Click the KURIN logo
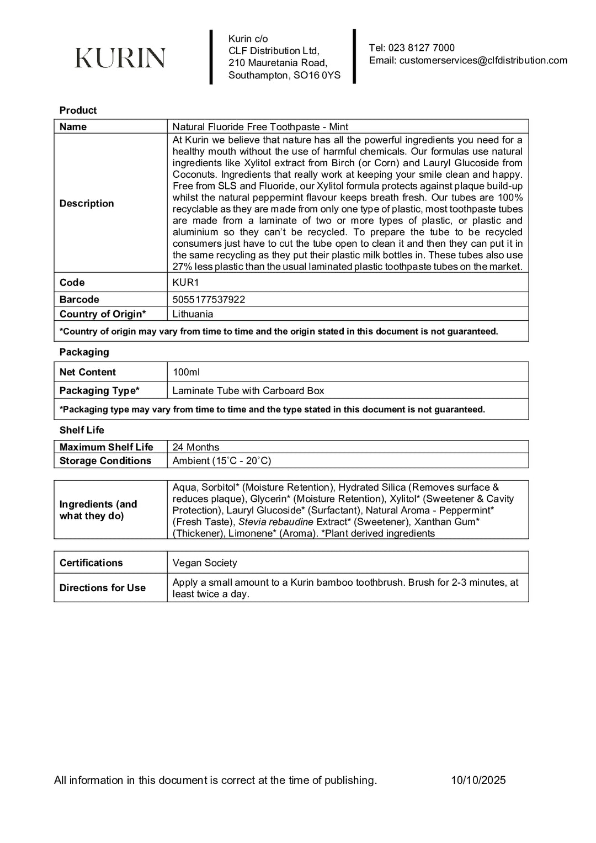click(x=120, y=58)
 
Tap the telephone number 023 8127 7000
click(x=421, y=48)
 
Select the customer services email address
click(x=483, y=61)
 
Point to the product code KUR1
click(x=185, y=283)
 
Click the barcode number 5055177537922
click(x=209, y=300)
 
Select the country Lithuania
click(x=193, y=314)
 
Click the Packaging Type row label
click(x=99, y=391)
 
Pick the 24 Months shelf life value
click(x=195, y=447)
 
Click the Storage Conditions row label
click(x=105, y=461)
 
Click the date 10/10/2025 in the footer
click(x=478, y=780)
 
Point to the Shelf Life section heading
click(x=82, y=430)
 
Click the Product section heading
click(x=78, y=110)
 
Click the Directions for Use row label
click(x=102, y=588)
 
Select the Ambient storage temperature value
click(x=221, y=461)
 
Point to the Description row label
click(x=87, y=204)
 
